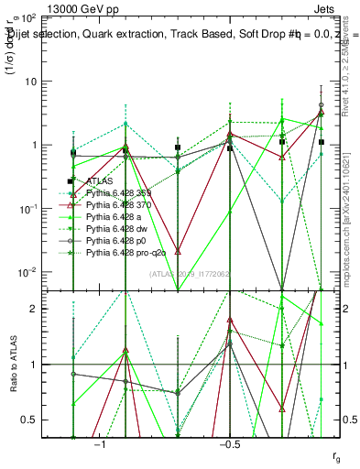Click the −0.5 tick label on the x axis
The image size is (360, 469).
[x=229, y=444]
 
